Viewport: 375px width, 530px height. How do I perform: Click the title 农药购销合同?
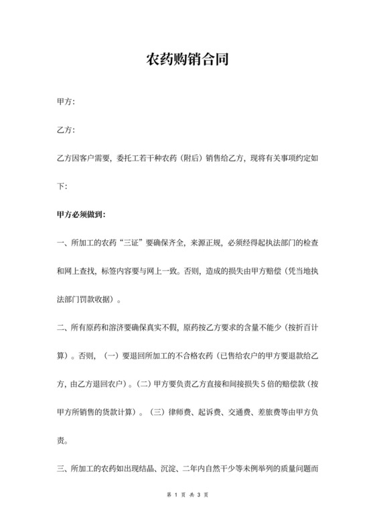point(187,60)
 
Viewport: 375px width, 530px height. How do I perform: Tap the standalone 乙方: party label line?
point(66,130)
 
